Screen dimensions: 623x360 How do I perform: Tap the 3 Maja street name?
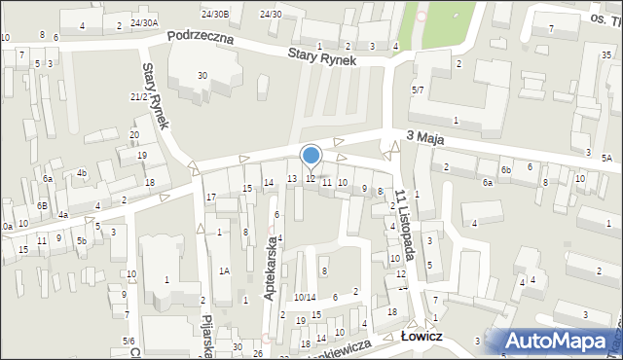[x=425, y=139]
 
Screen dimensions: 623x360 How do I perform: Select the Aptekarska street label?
[x=273, y=272]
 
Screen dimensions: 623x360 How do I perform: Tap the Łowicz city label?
[x=422, y=336]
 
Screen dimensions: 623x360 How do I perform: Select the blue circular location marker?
[x=311, y=155]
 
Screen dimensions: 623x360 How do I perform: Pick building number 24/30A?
[x=143, y=22]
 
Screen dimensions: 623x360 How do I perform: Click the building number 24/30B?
[x=215, y=14]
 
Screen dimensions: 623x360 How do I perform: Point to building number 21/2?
[x=138, y=96]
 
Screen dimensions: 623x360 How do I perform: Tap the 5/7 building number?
[x=418, y=90]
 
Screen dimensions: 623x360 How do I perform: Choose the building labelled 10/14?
[x=305, y=297]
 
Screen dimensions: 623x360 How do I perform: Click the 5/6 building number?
[x=128, y=341]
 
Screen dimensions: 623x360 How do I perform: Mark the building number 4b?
[x=83, y=173]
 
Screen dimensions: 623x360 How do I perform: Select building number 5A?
[x=606, y=158]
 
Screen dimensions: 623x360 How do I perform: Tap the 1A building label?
[x=224, y=270]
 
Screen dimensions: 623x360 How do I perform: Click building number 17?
[x=210, y=198]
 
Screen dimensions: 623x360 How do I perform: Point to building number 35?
[x=605, y=54]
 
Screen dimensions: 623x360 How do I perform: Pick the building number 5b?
[x=83, y=240]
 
